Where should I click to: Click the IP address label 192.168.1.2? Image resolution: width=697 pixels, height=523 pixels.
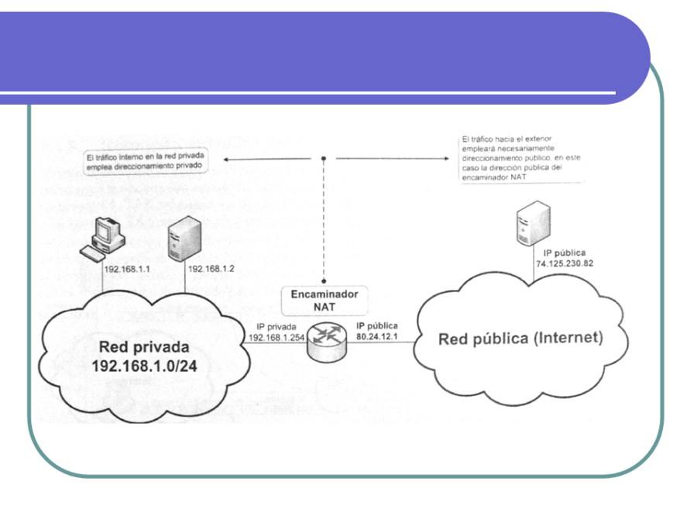tap(211, 268)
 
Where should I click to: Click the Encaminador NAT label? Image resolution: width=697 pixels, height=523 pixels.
tap(324, 301)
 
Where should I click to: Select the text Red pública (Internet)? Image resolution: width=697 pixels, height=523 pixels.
tap(520, 339)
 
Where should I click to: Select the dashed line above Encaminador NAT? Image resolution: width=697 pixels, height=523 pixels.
tap(324, 225)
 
